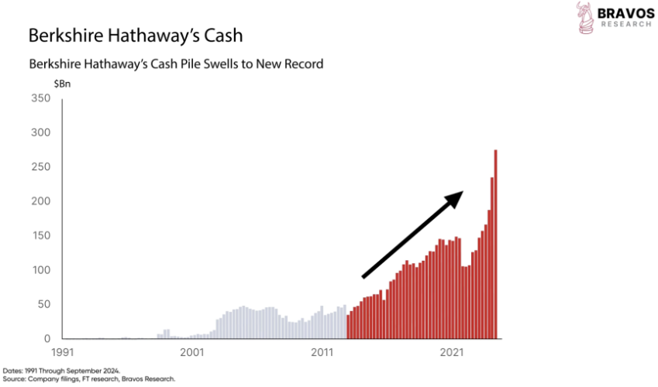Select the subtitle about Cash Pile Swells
click(x=175, y=63)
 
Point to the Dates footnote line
click(x=62, y=370)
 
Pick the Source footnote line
click(x=89, y=379)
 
